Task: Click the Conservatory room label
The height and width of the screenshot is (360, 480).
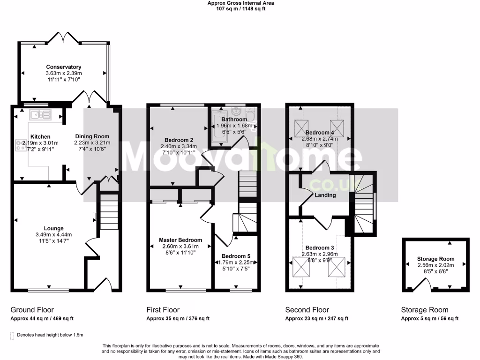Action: pyautogui.click(x=63, y=67)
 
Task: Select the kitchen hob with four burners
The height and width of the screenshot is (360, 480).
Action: pyautogui.click(x=22, y=145)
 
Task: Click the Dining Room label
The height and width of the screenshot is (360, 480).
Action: pyautogui.click(x=92, y=136)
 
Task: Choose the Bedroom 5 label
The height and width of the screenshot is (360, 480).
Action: pyautogui.click(x=236, y=256)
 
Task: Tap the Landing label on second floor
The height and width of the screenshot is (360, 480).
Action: pyautogui.click(x=325, y=195)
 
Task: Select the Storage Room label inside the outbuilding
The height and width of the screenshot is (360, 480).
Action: pyautogui.click(x=435, y=259)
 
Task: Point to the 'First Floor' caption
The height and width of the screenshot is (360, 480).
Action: pyautogui.click(x=163, y=310)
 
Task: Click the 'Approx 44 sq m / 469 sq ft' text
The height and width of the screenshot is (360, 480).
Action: pyautogui.click(x=42, y=319)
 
